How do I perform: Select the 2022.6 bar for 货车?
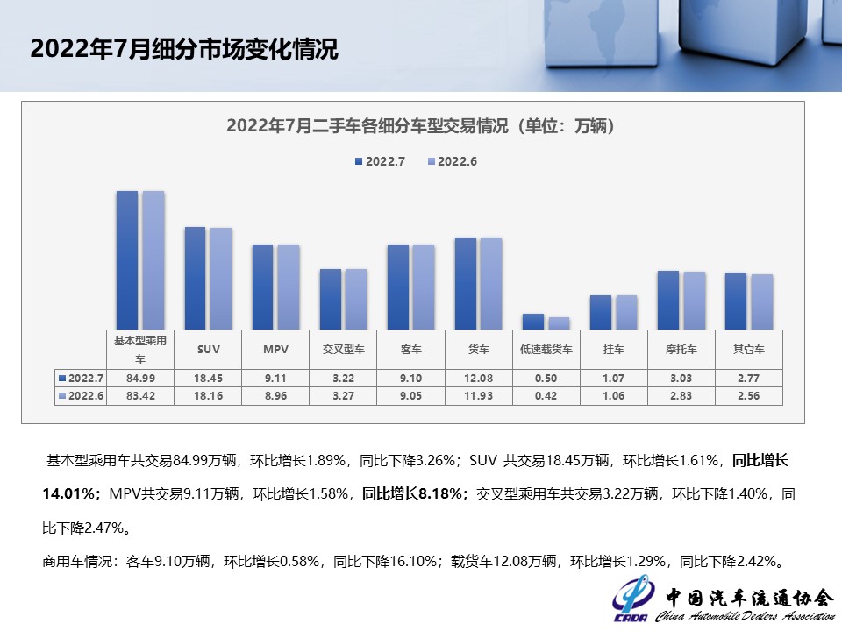[491, 283]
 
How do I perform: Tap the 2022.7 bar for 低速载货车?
[533, 321]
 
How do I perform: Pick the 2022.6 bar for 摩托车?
[695, 300]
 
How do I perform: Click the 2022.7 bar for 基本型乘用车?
[127, 259]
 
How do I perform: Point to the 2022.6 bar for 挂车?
[626, 312]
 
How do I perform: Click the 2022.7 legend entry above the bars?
[380, 161]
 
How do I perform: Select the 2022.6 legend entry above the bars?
[452, 161]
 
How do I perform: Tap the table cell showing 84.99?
[140, 379]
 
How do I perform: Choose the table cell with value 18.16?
[209, 395]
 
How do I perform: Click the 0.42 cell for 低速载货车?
[546, 395]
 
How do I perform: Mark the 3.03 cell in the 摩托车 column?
[681, 379]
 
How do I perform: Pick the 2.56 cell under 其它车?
[748, 395]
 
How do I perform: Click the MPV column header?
[276, 349]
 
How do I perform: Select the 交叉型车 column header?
[343, 349]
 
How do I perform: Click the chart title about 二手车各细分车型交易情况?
[420, 126]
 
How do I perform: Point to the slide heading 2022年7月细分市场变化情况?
[184, 49]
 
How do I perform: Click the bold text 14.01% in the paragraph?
[69, 493]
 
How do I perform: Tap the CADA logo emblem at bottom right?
[631, 600]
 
